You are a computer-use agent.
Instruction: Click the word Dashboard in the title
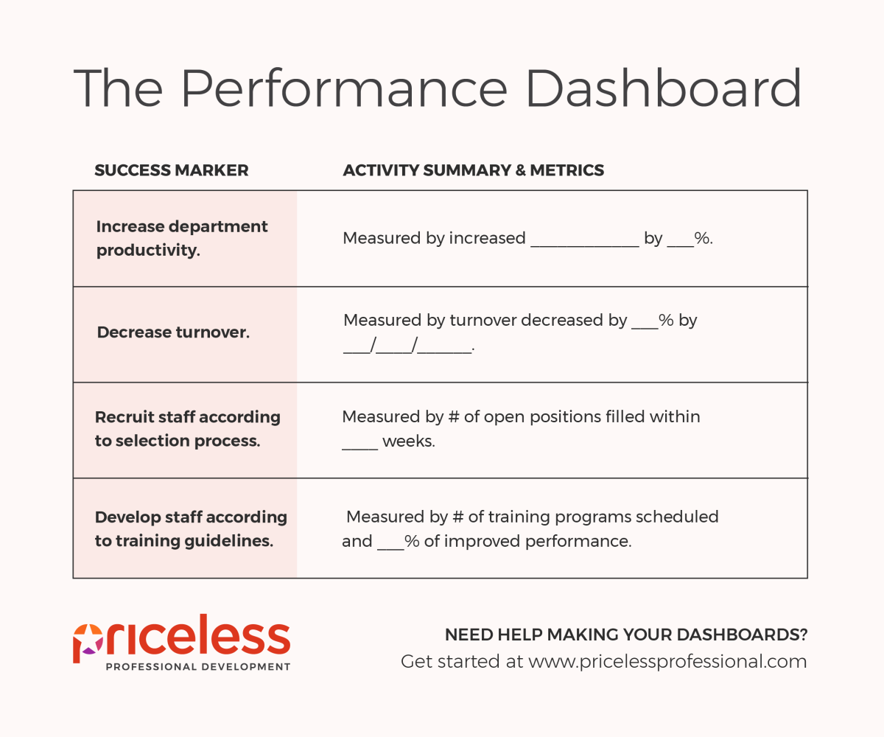click(x=664, y=88)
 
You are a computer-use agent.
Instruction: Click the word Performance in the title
click(x=344, y=88)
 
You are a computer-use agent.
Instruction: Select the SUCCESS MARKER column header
click(x=172, y=170)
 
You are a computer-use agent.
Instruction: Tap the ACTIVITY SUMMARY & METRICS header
click(x=474, y=170)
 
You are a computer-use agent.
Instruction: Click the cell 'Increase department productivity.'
click(x=185, y=239)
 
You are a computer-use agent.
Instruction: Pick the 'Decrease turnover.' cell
click(x=185, y=335)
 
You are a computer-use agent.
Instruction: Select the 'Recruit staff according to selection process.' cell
click(x=185, y=430)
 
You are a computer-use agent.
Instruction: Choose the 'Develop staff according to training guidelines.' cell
click(x=185, y=528)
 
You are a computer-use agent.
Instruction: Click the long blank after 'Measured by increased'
click(x=585, y=245)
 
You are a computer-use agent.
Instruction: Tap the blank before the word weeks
click(x=360, y=449)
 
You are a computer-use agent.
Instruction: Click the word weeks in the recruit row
click(x=409, y=441)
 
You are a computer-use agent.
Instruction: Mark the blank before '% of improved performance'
click(x=390, y=548)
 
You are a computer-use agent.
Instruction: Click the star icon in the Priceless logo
click(x=89, y=640)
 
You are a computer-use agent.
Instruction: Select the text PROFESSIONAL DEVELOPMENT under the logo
click(x=197, y=667)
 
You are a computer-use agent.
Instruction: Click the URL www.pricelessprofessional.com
click(x=667, y=662)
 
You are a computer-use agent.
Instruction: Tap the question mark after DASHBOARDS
click(x=803, y=635)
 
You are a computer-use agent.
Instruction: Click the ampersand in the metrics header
click(x=521, y=170)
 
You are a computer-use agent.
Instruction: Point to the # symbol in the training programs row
click(x=457, y=517)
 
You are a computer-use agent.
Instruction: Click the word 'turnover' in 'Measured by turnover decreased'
click(x=483, y=321)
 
